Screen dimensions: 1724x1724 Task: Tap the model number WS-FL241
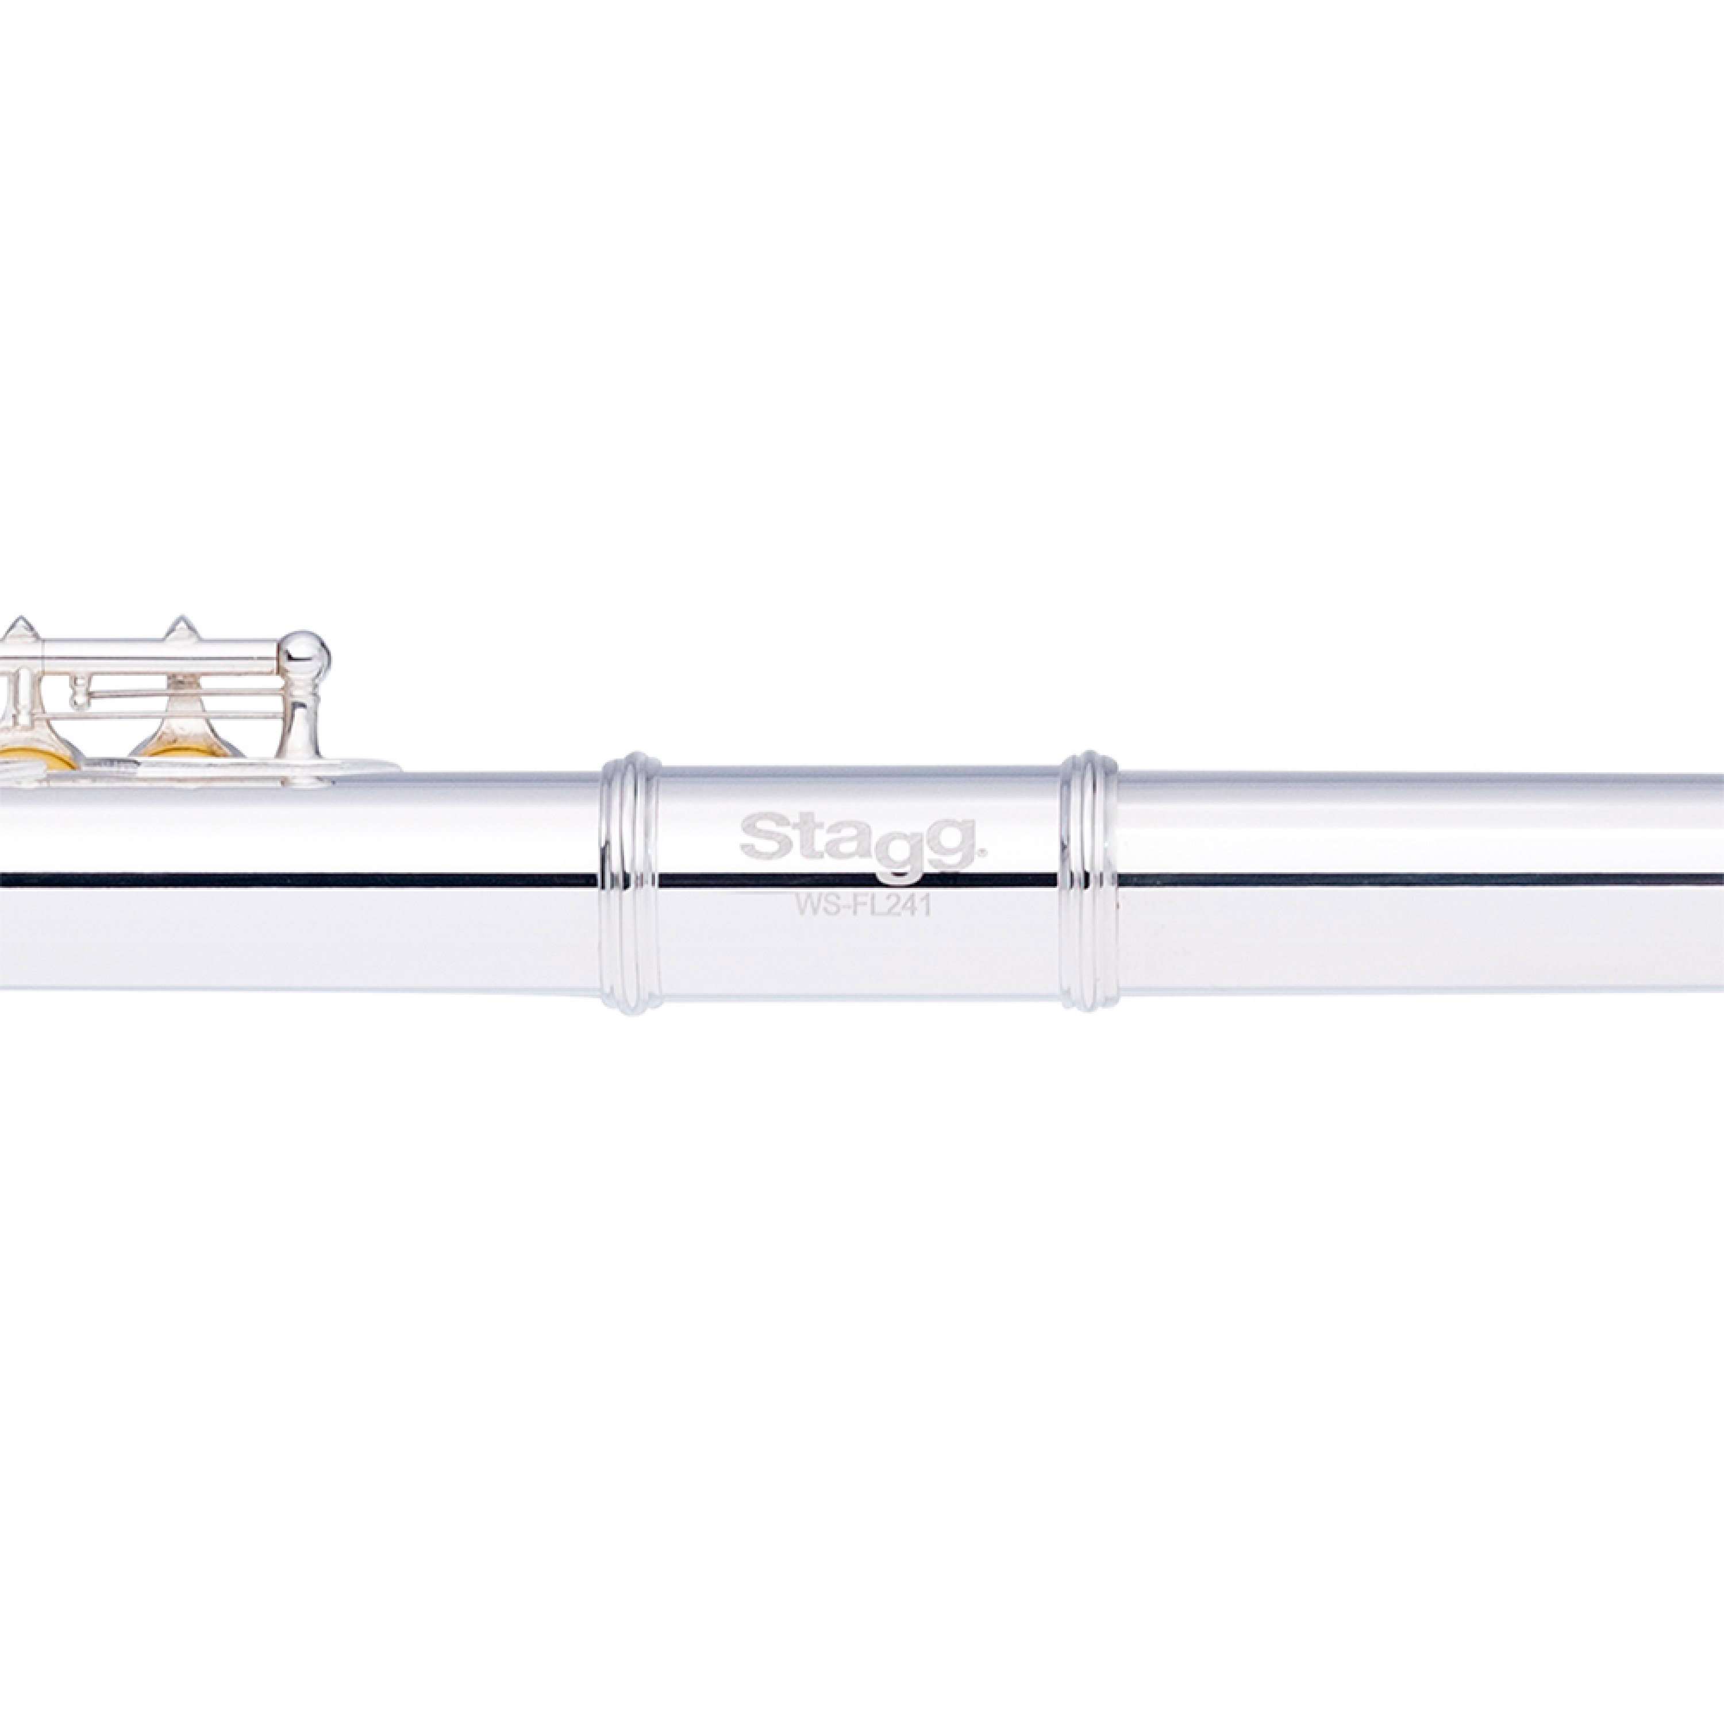click(x=863, y=907)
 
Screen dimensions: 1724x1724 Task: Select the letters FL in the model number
click(x=863, y=907)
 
